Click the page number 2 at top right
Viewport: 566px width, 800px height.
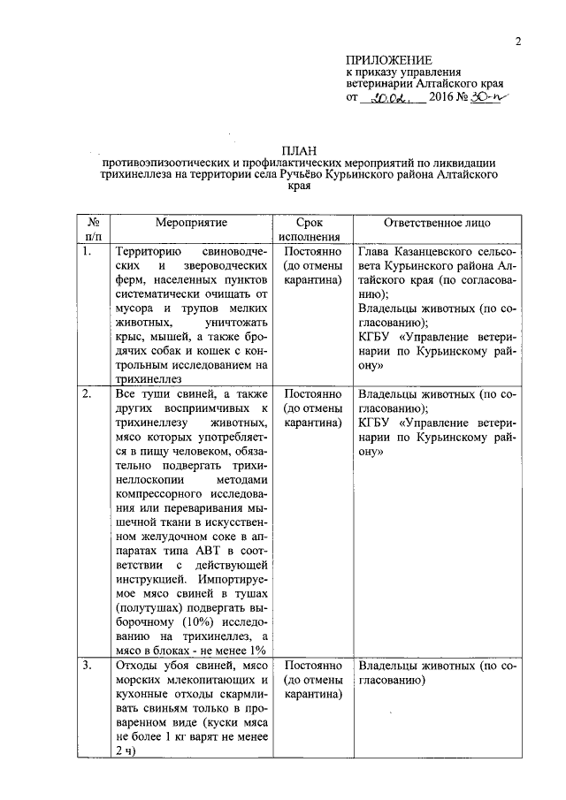[x=519, y=42]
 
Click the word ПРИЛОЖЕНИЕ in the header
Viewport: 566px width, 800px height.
[x=383, y=58]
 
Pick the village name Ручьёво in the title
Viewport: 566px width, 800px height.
[x=304, y=176]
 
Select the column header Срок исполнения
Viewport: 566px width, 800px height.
[x=309, y=230]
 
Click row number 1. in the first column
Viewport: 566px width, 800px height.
[x=87, y=252]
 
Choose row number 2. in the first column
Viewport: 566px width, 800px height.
[x=87, y=394]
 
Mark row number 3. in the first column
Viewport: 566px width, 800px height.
[x=87, y=665]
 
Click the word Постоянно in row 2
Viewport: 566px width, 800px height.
[x=309, y=394]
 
